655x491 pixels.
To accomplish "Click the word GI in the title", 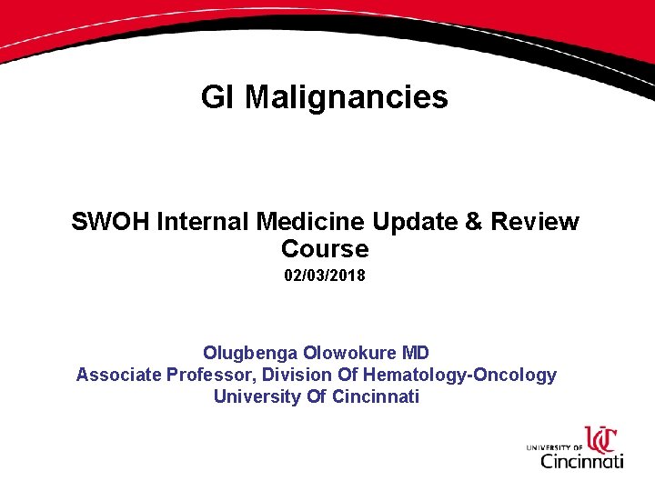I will point(219,97).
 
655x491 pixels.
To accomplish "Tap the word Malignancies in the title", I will point(347,97).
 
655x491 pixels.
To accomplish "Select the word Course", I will point(325,249).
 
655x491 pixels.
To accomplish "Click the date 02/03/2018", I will point(325,275).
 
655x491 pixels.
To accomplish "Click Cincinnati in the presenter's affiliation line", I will point(376,396).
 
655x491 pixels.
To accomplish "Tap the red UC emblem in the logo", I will point(601,440).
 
